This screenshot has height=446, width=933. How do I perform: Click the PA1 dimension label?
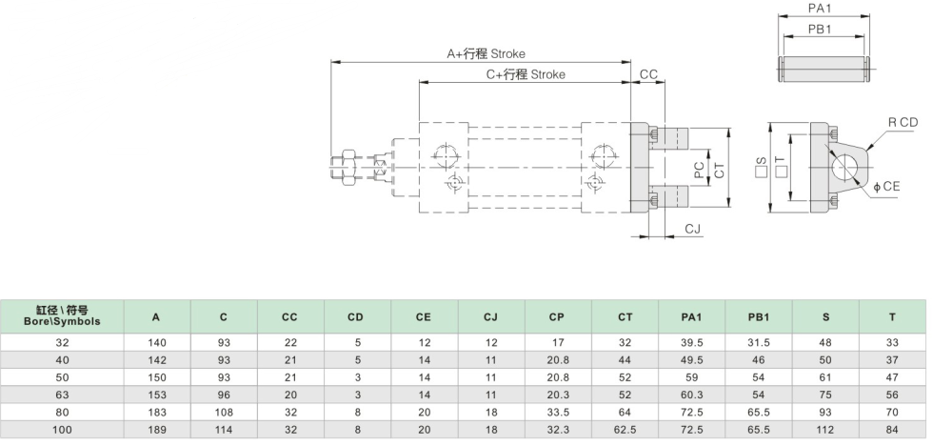pos(821,8)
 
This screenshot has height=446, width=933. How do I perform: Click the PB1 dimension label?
pos(821,30)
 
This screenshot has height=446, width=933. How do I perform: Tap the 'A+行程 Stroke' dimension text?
pos(486,54)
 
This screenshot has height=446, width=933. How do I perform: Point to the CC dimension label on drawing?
pos(648,74)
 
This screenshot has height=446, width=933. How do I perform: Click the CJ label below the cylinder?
pos(693,229)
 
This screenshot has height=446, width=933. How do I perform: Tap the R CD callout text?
pos(903,122)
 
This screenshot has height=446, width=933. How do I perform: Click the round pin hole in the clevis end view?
pos(845,168)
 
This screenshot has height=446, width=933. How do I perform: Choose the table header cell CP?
pos(557,316)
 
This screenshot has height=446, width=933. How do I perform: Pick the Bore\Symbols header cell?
pos(62,316)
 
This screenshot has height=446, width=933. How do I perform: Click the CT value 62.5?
pos(624,429)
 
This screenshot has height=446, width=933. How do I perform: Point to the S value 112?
pos(824,429)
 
